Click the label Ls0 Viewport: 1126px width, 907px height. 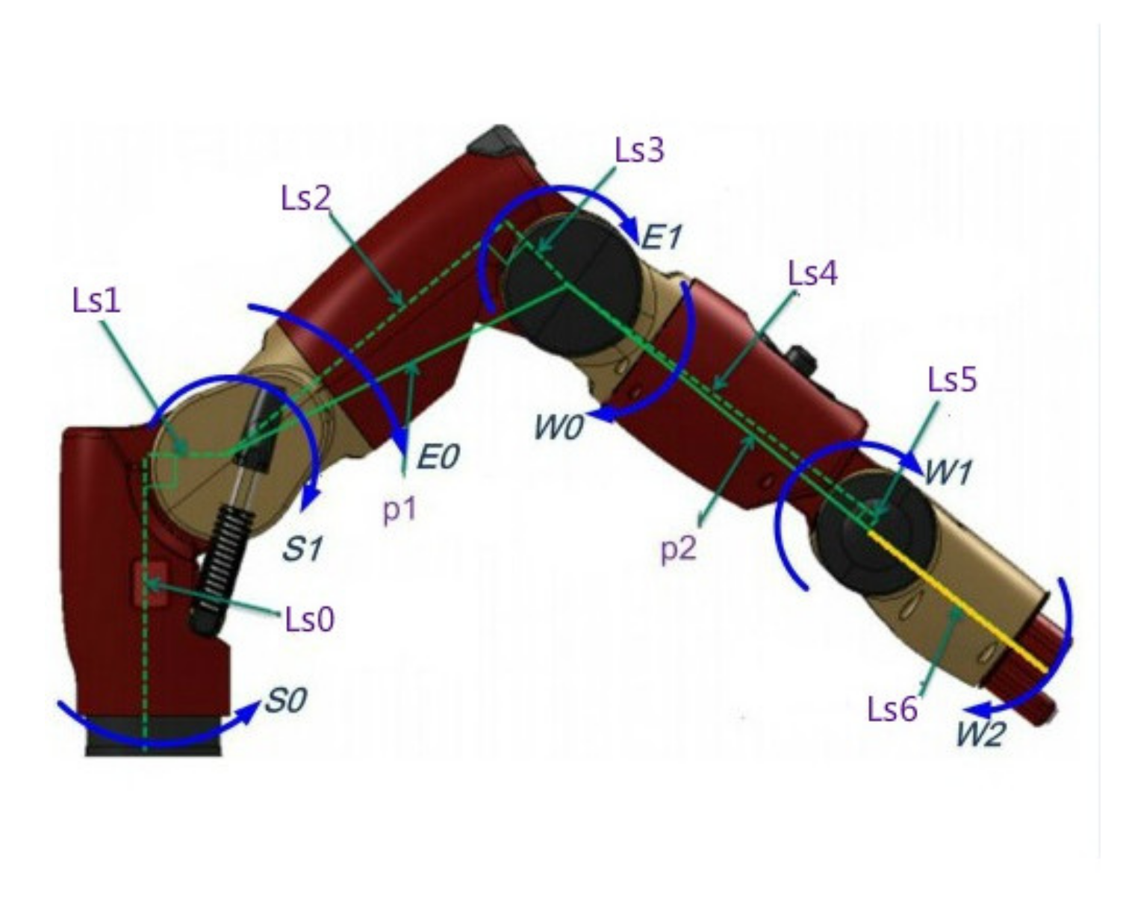click(x=310, y=619)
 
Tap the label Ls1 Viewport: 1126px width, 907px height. click(x=96, y=300)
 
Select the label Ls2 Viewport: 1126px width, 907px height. click(x=305, y=199)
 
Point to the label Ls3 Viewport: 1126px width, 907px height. click(x=639, y=150)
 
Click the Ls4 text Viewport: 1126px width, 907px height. click(x=812, y=274)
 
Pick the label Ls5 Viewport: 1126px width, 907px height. click(x=952, y=380)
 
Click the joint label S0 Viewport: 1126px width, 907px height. click(x=285, y=701)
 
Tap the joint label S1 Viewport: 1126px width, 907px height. click(x=302, y=549)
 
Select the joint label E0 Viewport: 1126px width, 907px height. click(x=438, y=457)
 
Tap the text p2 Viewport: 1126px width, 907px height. click(x=678, y=549)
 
